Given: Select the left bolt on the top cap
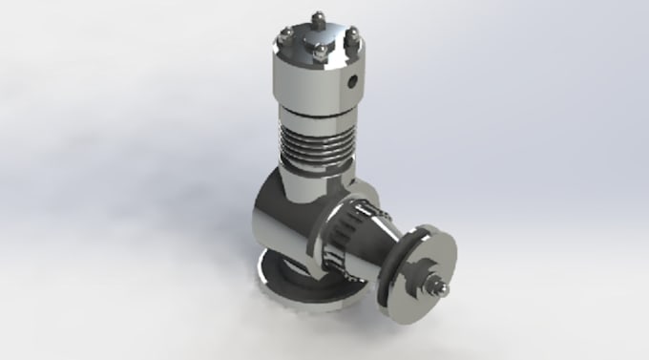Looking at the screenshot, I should point(283,35).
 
